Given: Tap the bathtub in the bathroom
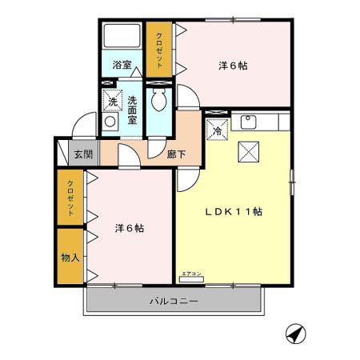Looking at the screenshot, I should pyautogui.click(x=122, y=37).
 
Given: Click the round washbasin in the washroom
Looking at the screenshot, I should pyautogui.click(x=110, y=122).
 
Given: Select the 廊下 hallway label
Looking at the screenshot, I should pyautogui.click(x=178, y=154).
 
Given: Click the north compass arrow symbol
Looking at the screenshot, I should pyautogui.click(x=295, y=334).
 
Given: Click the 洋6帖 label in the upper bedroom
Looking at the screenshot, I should pyautogui.click(x=232, y=66).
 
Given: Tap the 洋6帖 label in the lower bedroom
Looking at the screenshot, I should pyautogui.click(x=129, y=228).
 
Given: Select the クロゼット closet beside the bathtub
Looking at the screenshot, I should pyautogui.click(x=158, y=50).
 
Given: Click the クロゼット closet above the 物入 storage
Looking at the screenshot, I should pyautogui.click(x=70, y=199).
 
